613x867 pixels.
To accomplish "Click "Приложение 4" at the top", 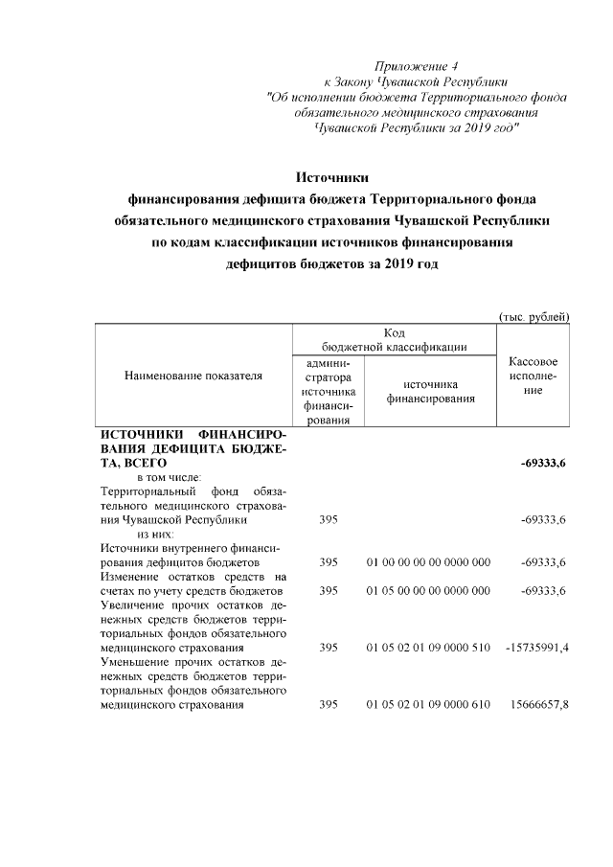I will pyautogui.click(x=417, y=66).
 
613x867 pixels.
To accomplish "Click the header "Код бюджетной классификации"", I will pyautogui.click(x=395, y=339).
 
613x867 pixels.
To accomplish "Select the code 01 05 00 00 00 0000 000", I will pyautogui.click(x=428, y=590).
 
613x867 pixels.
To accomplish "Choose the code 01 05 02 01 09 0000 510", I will pyautogui.click(x=428, y=649).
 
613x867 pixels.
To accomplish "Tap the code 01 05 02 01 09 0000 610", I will pyautogui.click(x=428, y=706).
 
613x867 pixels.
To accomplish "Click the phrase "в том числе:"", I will pyautogui.click(x=170, y=477).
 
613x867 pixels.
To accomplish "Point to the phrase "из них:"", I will pyautogui.click(x=156, y=534).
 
